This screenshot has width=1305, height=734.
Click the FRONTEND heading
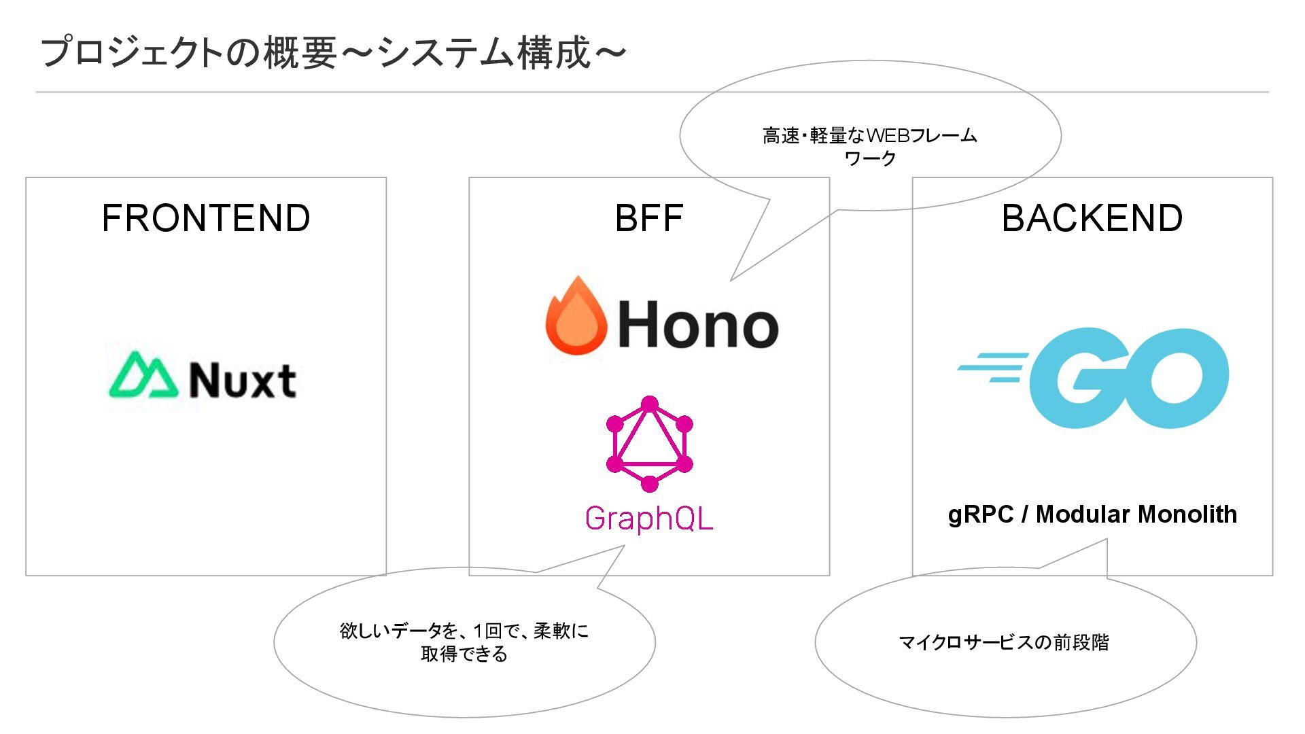[206, 218]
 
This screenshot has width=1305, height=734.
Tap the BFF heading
[648, 218]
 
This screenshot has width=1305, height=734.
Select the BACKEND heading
[1092, 218]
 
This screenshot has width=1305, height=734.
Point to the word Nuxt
[242, 380]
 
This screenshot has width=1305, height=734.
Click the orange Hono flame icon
[576, 316]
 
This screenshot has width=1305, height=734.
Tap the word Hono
[697, 326]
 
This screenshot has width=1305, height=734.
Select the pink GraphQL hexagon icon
[649, 444]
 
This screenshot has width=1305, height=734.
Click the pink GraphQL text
[648, 518]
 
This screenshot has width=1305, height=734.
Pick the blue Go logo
[1128, 378]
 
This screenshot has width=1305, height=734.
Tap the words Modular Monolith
[1136, 514]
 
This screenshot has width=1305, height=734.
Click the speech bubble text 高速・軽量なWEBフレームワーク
[869, 146]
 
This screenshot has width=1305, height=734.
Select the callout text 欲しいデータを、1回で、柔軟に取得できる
[464, 642]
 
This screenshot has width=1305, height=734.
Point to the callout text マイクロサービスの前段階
[1003, 642]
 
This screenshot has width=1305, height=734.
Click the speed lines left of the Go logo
[992, 367]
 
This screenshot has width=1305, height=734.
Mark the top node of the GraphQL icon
[649, 404]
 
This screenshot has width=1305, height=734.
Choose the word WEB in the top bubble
[888, 136]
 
